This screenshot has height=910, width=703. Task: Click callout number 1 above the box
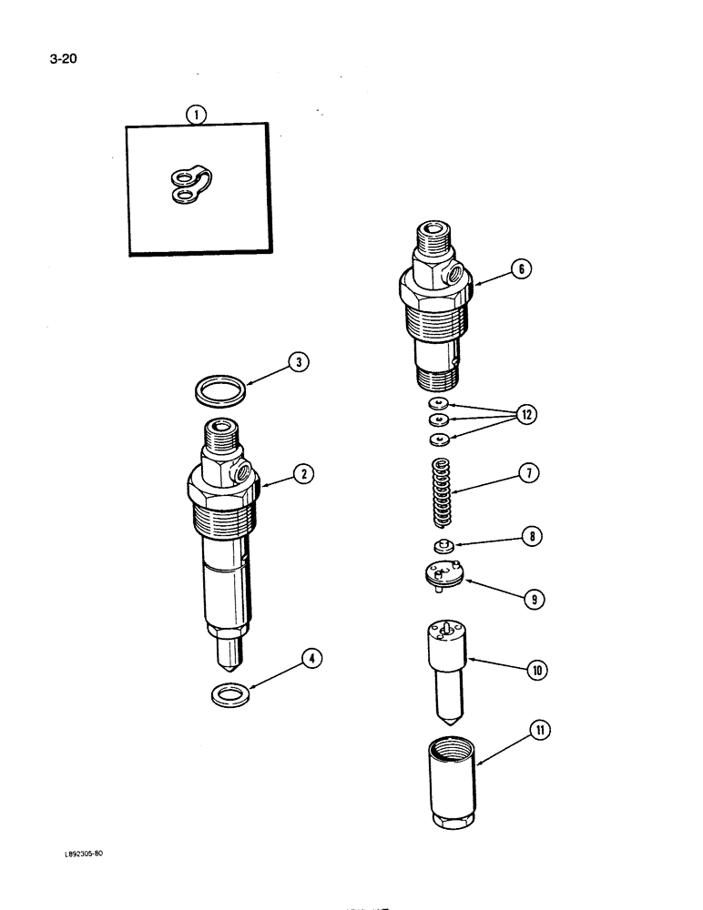[195, 114]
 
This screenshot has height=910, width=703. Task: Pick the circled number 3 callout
[296, 363]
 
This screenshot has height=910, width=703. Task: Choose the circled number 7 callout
[530, 472]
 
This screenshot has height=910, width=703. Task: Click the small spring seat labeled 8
[441, 546]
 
